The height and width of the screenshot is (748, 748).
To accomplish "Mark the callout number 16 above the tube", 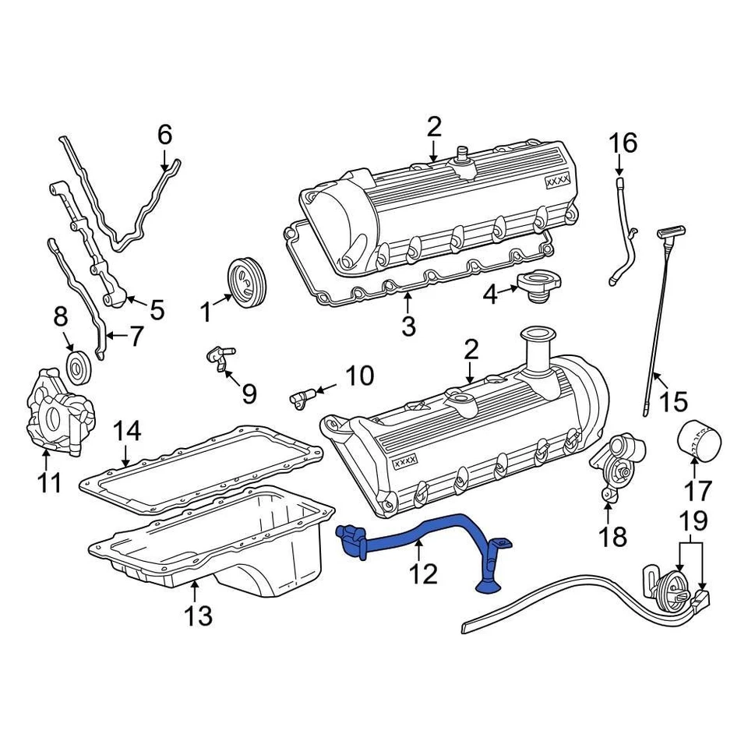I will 623,143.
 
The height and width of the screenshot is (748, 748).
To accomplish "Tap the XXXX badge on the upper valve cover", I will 558,180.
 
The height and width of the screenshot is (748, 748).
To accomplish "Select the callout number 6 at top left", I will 164,136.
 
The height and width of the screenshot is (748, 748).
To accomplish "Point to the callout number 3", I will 408,326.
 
